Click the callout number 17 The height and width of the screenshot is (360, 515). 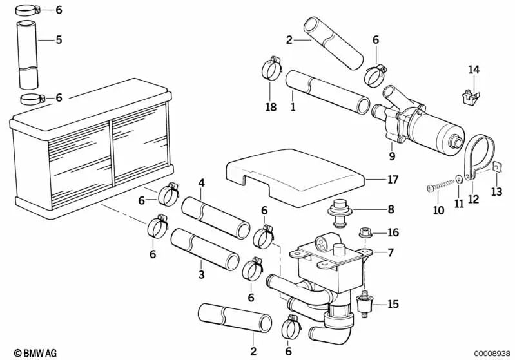(x=393, y=180)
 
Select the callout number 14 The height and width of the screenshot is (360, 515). (x=474, y=70)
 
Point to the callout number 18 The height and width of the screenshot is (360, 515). (x=271, y=106)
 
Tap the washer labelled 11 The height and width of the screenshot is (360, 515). (x=457, y=178)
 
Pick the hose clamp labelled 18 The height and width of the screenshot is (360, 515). (x=271, y=68)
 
